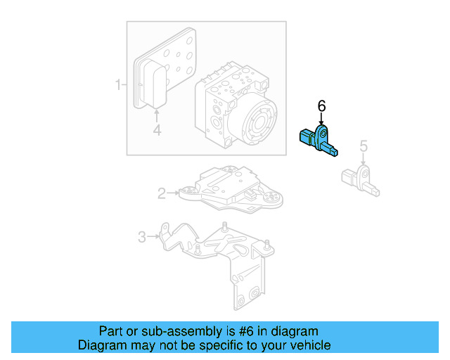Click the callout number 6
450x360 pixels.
pyautogui.click(x=321, y=105)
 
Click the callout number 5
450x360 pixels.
pyautogui.click(x=364, y=146)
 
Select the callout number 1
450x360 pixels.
pyautogui.click(x=118, y=86)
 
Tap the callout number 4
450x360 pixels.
pyautogui.click(x=157, y=130)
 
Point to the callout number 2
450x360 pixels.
pyautogui.click(x=162, y=193)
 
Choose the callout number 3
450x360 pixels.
pyautogui.click(x=141, y=237)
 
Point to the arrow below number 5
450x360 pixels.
pyautogui.click(x=364, y=160)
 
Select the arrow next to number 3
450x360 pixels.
pyautogui.click(x=153, y=237)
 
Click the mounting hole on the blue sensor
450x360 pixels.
pyautogui.click(x=322, y=133)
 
